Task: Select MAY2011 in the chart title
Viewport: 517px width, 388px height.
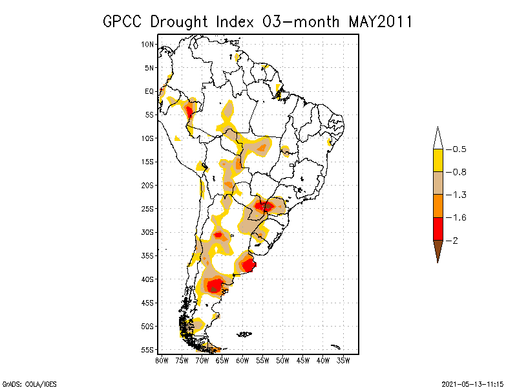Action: pyautogui.click(x=381, y=21)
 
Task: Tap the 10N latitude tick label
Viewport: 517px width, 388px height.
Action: pyautogui.click(x=148, y=44)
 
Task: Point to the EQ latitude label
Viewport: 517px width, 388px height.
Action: pyautogui.click(x=149, y=91)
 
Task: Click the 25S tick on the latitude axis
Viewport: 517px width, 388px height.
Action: pyautogui.click(x=148, y=208)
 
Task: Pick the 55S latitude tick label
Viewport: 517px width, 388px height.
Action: pyautogui.click(x=148, y=349)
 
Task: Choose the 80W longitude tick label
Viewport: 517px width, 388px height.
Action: pyautogui.click(x=162, y=360)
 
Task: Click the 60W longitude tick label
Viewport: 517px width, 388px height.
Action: pyautogui.click(x=242, y=360)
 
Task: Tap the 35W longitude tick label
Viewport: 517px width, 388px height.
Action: pyautogui.click(x=343, y=360)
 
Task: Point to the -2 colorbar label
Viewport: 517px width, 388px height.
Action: pyautogui.click(x=454, y=241)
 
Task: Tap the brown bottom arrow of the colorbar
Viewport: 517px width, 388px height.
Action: pyautogui.click(x=438, y=250)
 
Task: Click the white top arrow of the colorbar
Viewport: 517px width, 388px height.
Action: pyautogui.click(x=438, y=138)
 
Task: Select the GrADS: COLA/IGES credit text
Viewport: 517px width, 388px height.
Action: pyautogui.click(x=29, y=383)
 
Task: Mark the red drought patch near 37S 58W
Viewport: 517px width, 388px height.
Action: pyautogui.click(x=249, y=264)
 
